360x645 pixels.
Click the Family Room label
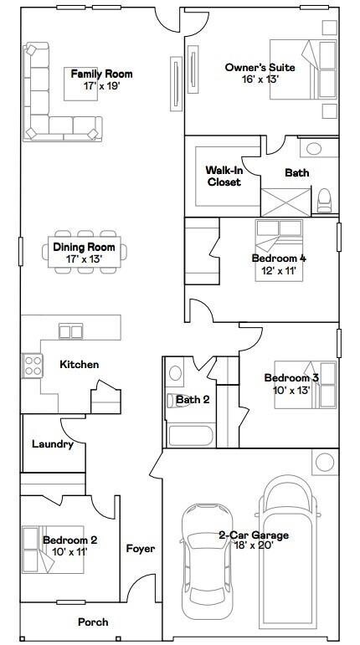point(101,74)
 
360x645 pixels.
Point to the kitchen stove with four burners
point(33,366)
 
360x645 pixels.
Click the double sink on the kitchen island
point(70,331)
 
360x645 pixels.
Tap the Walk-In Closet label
point(224,176)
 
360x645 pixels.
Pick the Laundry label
point(53,444)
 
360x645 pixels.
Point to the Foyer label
point(140,549)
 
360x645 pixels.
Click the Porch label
point(93,622)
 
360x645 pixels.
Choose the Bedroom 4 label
point(273,259)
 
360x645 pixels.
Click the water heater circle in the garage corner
point(324,461)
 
